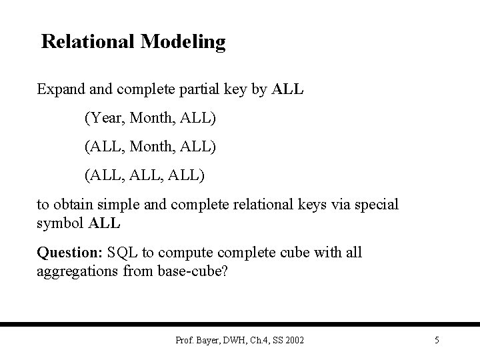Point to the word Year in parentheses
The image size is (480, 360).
point(107,118)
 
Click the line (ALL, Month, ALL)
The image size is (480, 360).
point(150,147)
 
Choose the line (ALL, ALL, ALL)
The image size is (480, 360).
point(145,175)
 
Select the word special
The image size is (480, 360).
point(375,205)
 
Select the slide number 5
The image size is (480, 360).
point(437,341)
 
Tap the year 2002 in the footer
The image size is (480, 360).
point(293,341)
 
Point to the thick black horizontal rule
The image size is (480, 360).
point(240,325)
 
